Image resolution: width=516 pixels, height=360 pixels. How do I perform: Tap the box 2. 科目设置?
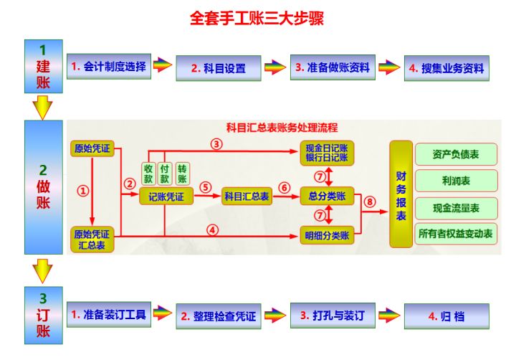[218, 69]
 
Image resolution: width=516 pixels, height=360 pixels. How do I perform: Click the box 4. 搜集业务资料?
[446, 69]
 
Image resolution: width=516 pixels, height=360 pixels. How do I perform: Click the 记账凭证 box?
[166, 196]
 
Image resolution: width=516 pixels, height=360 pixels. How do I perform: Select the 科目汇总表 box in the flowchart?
[247, 196]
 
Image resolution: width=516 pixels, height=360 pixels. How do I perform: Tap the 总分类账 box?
[327, 196]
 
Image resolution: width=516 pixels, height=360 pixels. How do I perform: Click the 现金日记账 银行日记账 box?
[327, 153]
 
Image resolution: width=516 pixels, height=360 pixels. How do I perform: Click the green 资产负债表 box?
[456, 154]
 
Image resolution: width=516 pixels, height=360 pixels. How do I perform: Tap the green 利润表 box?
[456, 181]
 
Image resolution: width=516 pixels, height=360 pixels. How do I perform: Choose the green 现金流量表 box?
[456, 207]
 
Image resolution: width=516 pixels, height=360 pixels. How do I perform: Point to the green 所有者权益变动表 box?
[456, 234]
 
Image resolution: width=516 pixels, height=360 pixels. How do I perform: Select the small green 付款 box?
[166, 173]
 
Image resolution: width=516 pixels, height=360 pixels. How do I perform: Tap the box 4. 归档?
[446, 315]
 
